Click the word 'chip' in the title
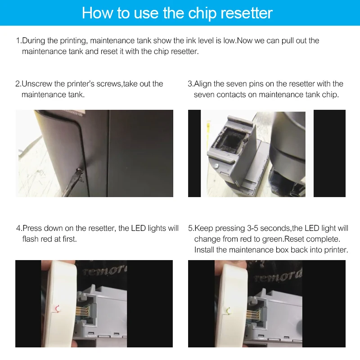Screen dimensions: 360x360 point(202,13)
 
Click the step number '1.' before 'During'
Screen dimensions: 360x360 point(19,40)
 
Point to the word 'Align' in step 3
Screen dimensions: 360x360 point(202,84)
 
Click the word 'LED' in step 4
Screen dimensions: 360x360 point(139,228)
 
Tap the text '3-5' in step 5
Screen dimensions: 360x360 point(252,228)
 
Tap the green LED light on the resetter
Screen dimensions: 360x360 point(229,311)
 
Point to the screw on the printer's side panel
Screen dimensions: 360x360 point(80,171)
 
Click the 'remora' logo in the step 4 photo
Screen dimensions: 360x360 point(105,271)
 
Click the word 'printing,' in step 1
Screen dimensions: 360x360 point(74,41)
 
